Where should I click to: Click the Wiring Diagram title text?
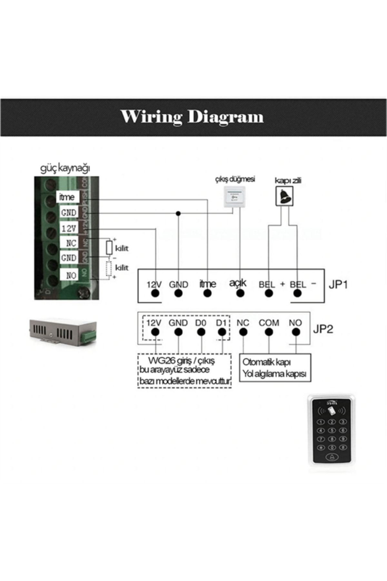point(192,117)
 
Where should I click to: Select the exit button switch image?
point(234,197)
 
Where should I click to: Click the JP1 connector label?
point(338,285)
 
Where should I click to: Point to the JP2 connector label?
point(323,329)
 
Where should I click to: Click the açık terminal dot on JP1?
point(240,293)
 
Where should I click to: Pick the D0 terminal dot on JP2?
point(201,332)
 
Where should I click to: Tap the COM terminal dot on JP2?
point(269,332)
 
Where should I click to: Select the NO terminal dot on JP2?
point(296,332)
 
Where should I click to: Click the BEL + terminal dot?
point(269,293)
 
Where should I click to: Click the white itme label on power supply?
point(67,197)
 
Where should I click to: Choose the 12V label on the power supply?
point(69,228)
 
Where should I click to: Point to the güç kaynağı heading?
point(65,168)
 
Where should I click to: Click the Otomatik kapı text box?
point(275,368)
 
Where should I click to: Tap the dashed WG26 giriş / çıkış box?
point(184,371)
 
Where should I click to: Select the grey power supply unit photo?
point(63,333)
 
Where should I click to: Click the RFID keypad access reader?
point(331,429)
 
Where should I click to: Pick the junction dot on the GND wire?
point(178,213)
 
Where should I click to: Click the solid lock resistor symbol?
point(109,248)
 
